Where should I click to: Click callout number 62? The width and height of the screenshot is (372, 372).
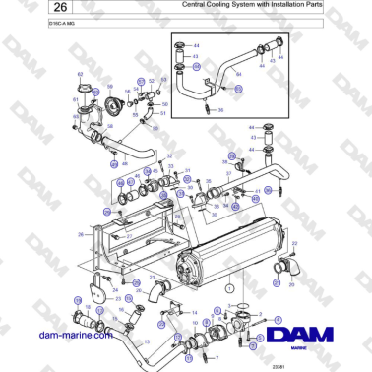click(80, 75)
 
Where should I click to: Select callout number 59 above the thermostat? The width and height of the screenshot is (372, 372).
click(109, 86)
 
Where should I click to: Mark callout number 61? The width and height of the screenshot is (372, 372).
click(74, 99)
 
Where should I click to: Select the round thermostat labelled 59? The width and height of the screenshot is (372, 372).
click(115, 107)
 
